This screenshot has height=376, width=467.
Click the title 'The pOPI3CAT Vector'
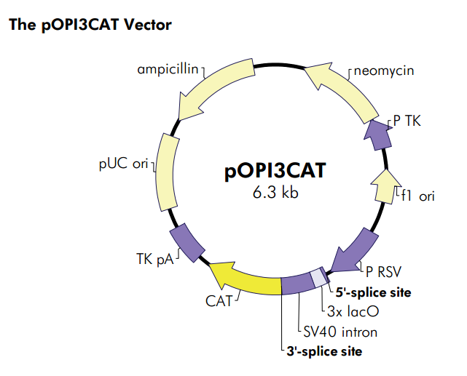[x=90, y=25]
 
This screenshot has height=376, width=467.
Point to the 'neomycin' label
[x=383, y=71]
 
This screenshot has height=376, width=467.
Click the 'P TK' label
[x=407, y=121]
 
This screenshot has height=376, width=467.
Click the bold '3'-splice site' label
[x=324, y=352]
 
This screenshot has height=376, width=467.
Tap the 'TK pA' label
[x=154, y=258]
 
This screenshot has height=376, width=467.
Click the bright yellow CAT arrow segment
[x=248, y=278]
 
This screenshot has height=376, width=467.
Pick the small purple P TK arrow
[x=377, y=134]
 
